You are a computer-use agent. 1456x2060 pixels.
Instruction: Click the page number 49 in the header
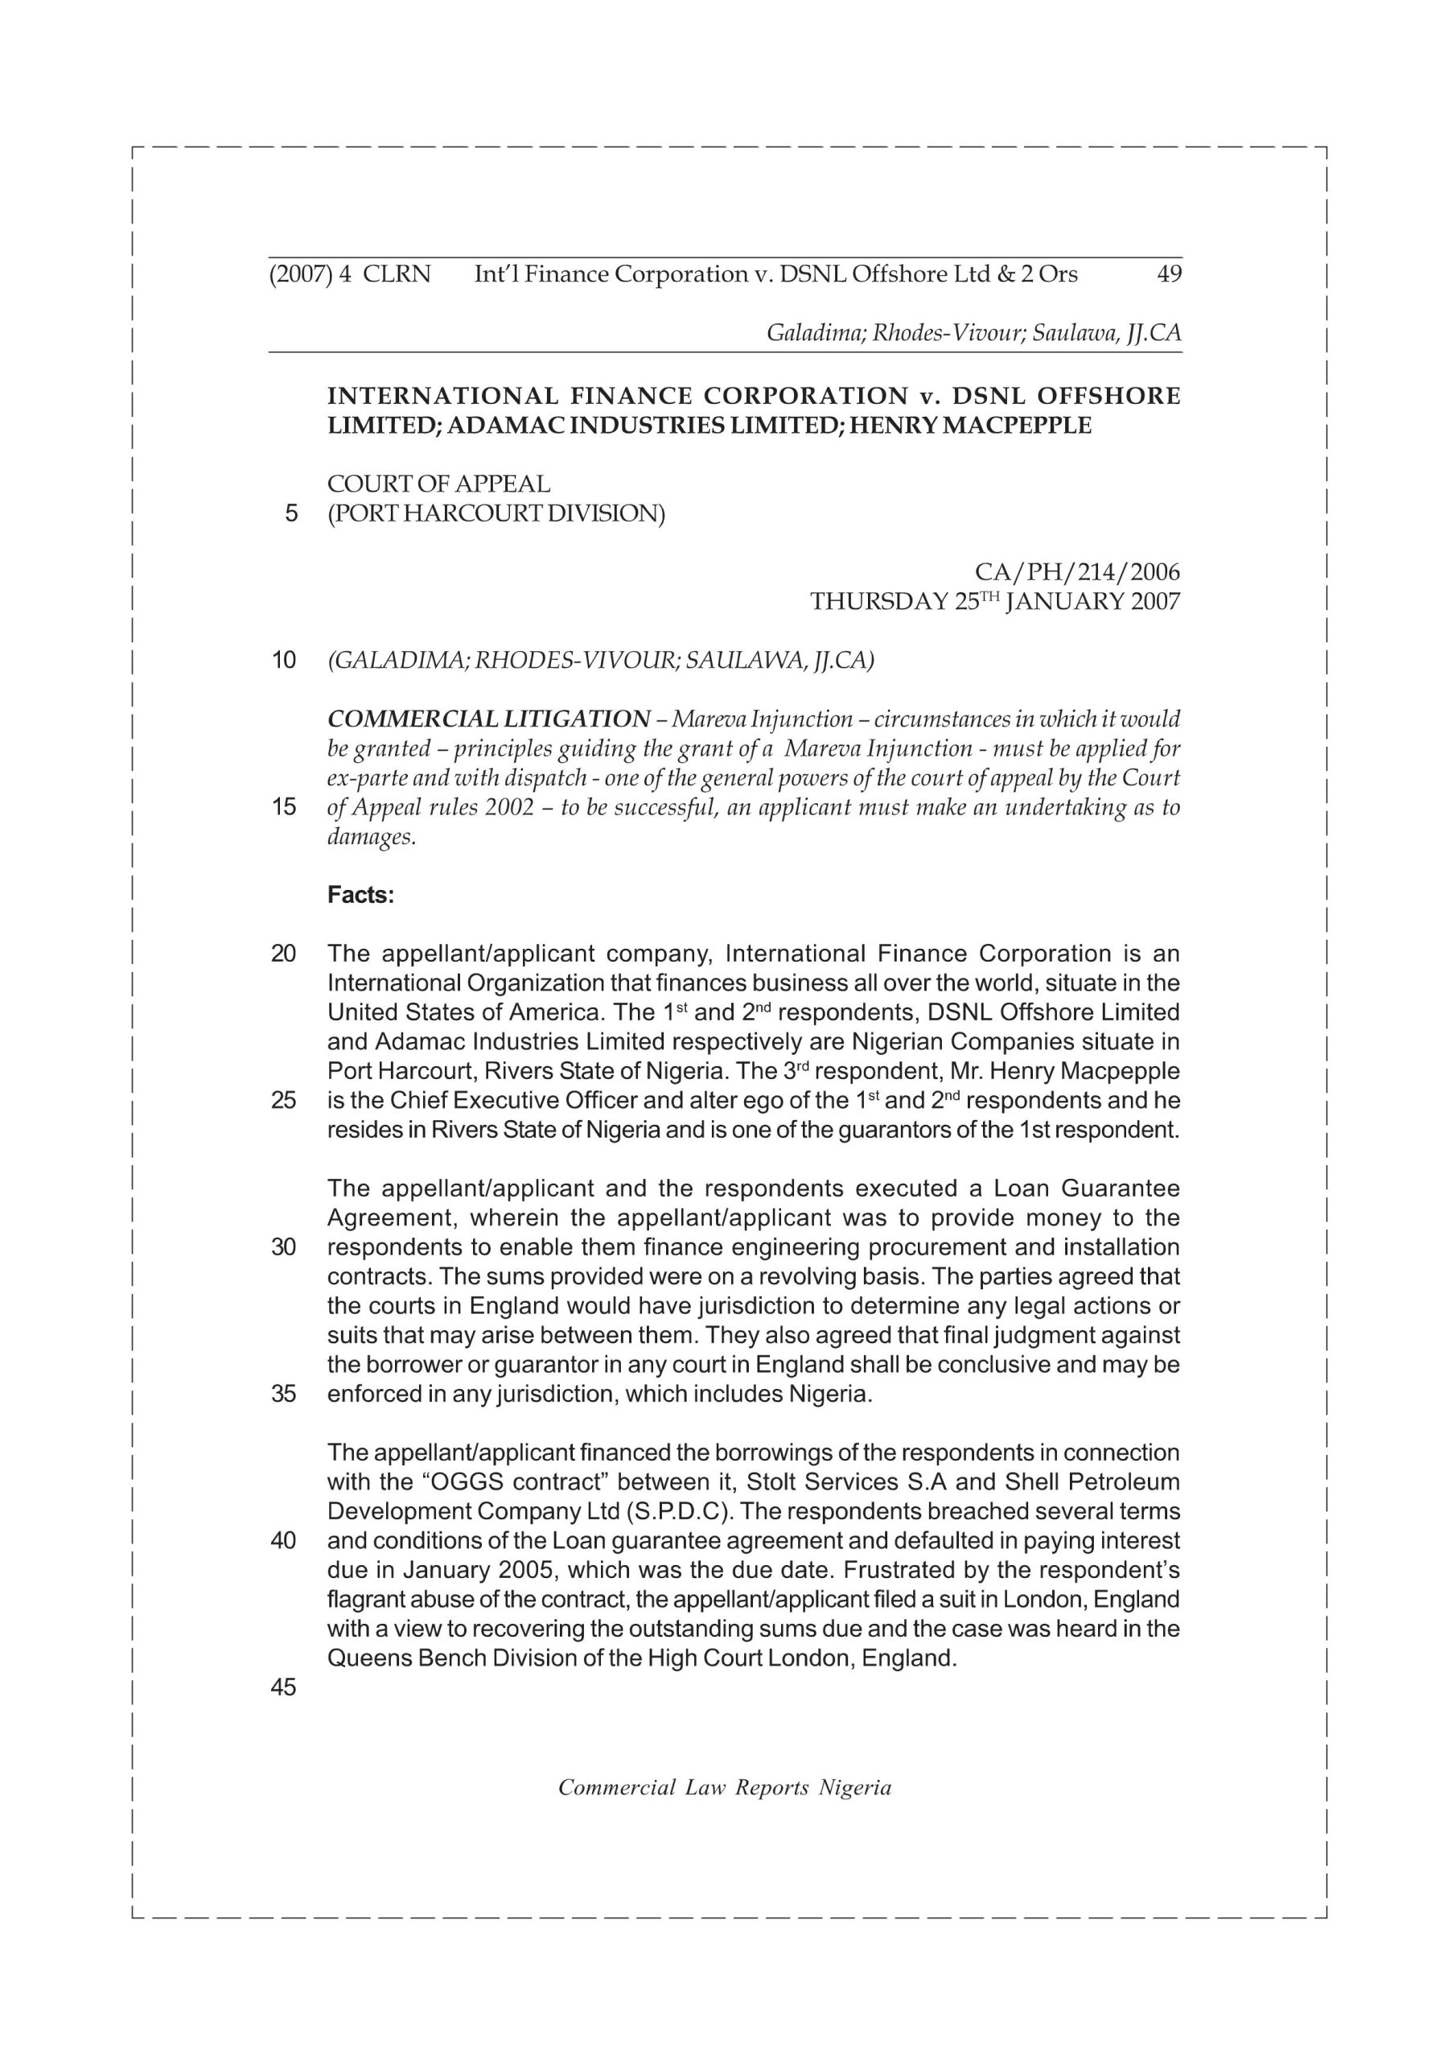(1169, 274)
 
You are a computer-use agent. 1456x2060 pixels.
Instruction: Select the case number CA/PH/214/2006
(1076, 571)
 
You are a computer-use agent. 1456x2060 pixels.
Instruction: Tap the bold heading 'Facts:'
(360, 895)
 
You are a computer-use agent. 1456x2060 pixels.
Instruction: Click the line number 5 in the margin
(290, 513)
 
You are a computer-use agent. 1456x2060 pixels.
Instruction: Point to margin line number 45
(283, 1687)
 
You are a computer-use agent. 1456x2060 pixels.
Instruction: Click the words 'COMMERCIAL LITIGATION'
(489, 719)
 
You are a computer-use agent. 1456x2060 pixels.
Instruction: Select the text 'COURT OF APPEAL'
(438, 484)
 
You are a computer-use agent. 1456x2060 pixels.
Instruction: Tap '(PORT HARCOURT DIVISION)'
(496, 513)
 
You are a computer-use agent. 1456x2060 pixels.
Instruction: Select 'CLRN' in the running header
(397, 274)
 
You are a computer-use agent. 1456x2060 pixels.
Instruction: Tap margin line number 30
(283, 1246)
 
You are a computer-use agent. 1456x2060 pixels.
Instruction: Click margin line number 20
(283, 953)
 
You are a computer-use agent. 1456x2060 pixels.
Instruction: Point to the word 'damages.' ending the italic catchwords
(372, 837)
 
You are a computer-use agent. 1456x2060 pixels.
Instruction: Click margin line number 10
(283, 661)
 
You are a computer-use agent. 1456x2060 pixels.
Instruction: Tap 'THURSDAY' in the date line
(878, 601)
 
